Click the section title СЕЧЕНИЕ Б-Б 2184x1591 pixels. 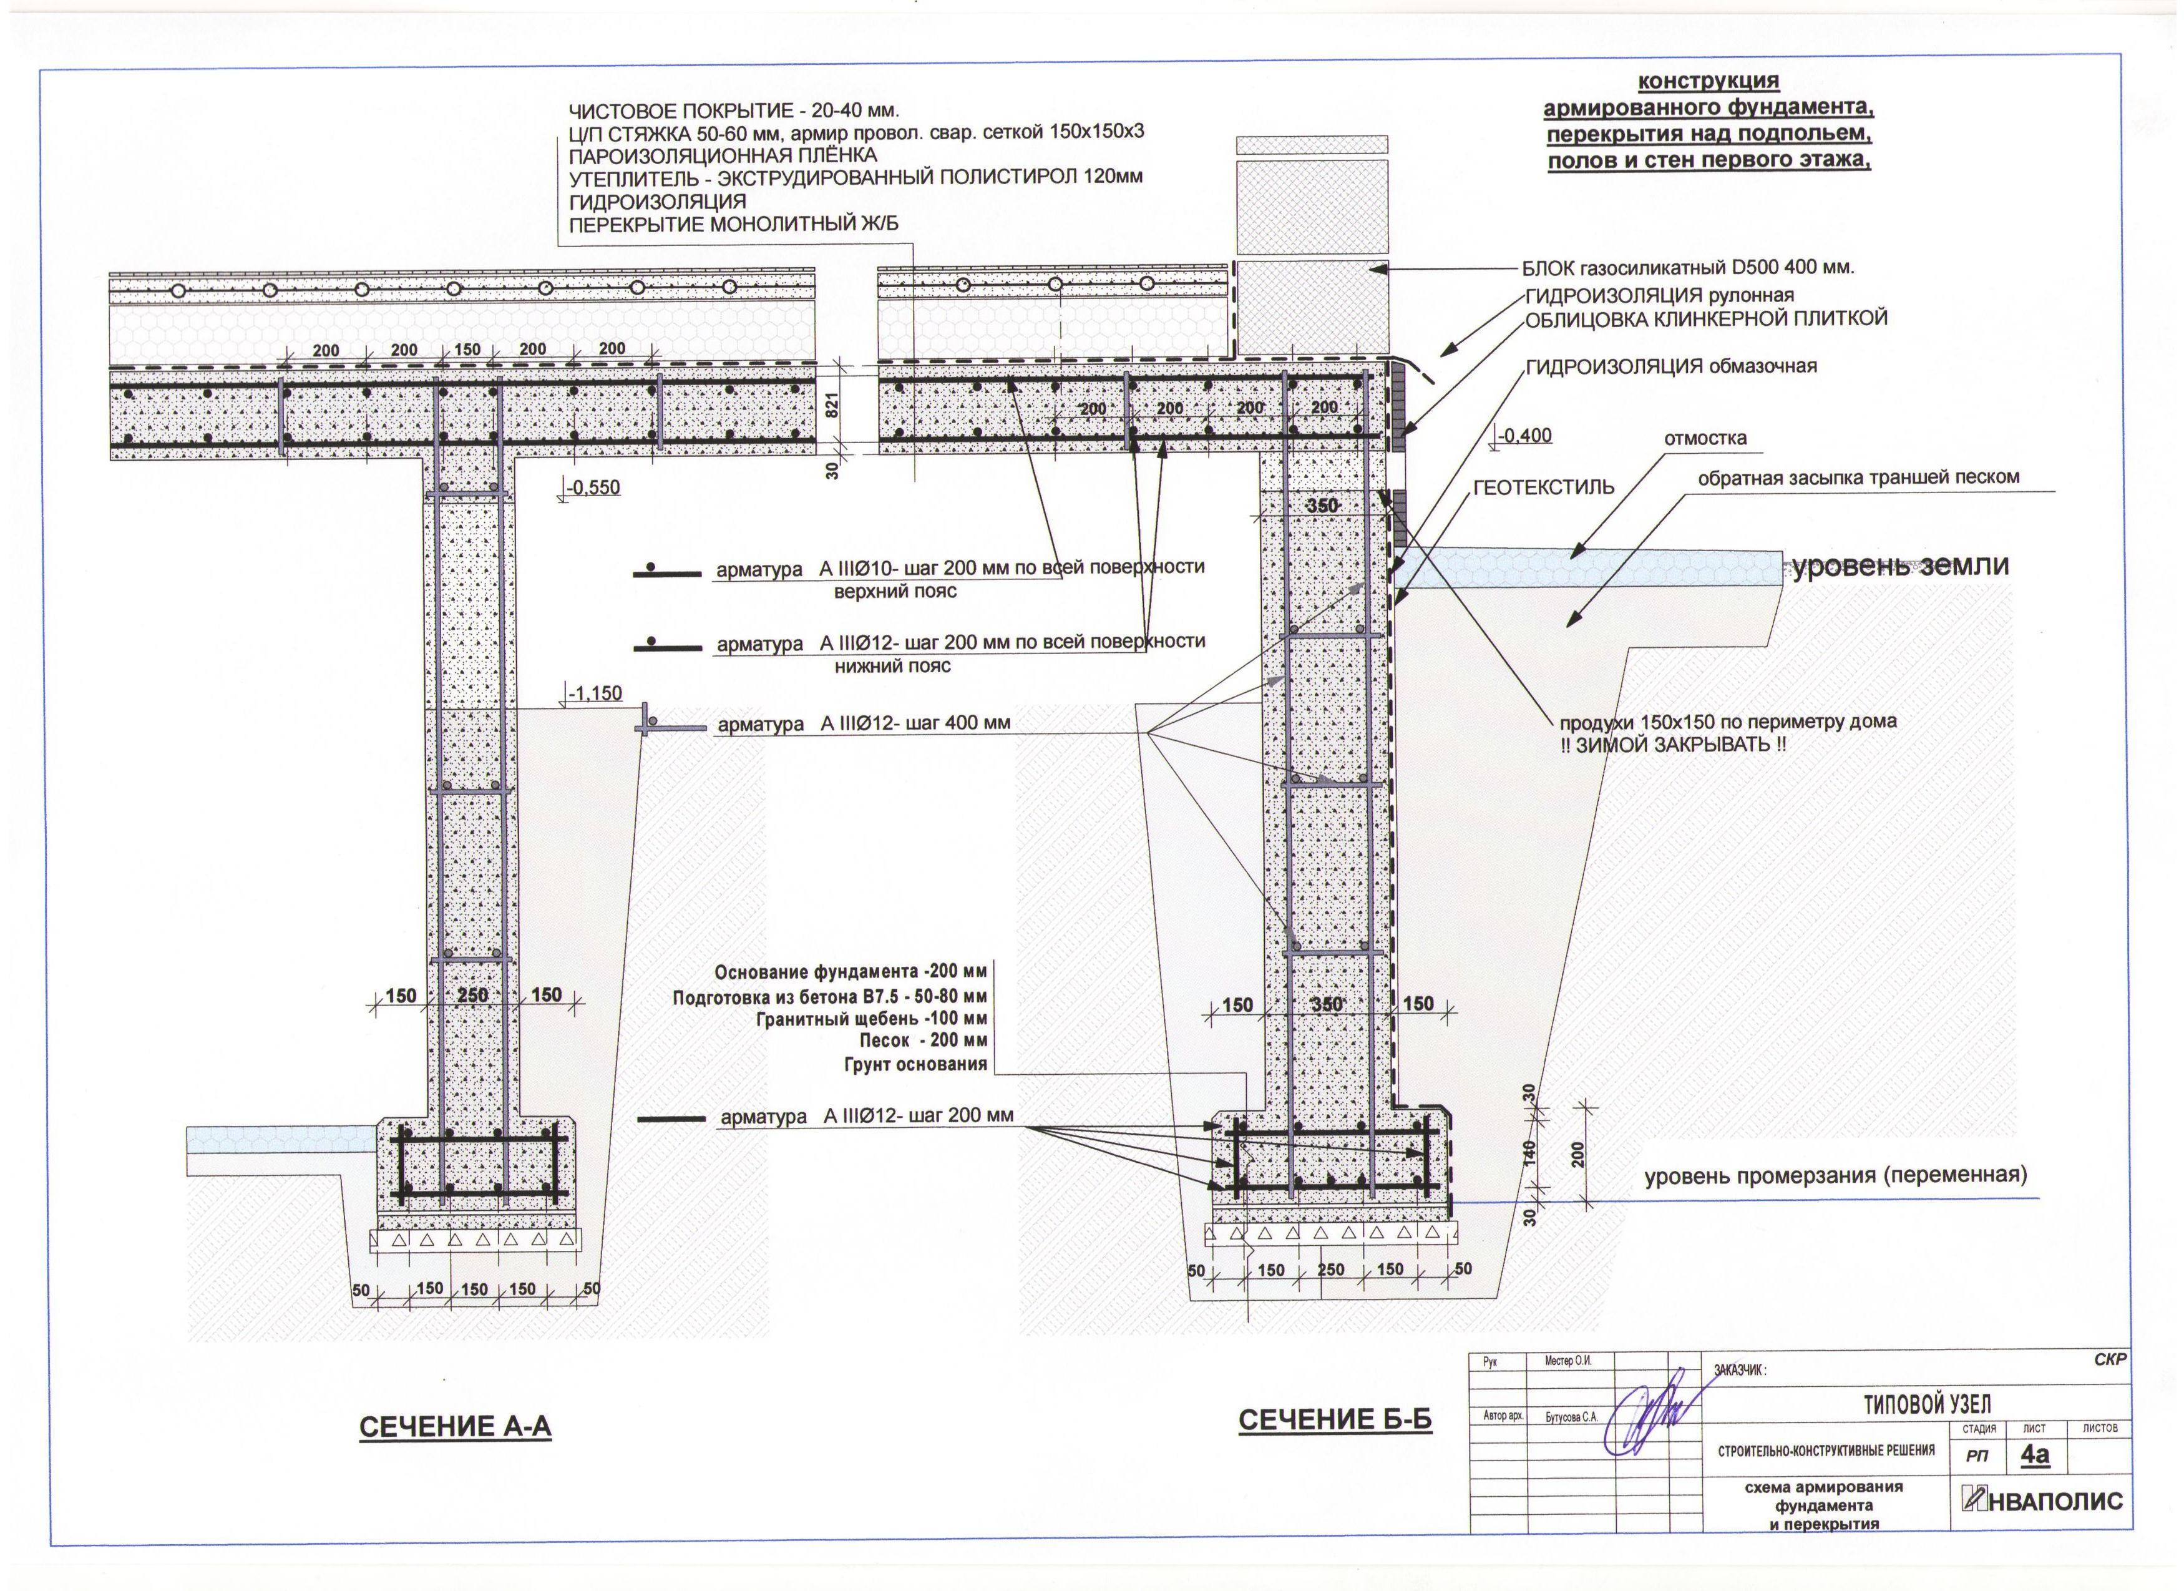coord(1335,1419)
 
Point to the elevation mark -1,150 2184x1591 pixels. coord(594,693)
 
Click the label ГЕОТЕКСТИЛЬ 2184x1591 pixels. coord(1544,487)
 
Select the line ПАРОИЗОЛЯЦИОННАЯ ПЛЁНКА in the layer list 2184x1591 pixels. coord(723,155)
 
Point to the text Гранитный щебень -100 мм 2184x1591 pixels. coord(872,1018)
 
